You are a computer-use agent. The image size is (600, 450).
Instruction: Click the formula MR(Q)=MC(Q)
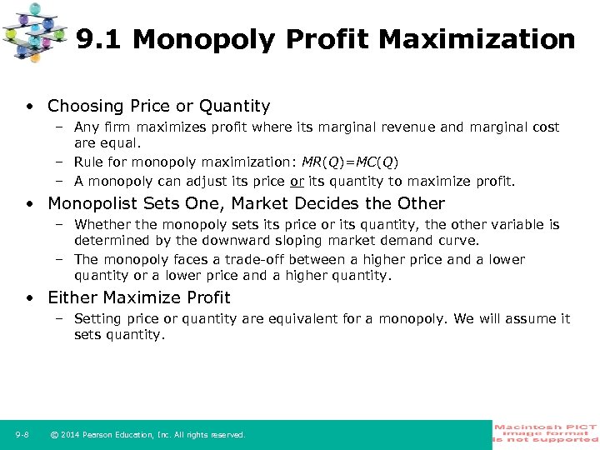pos(350,162)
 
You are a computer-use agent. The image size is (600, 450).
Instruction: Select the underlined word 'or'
pos(296,181)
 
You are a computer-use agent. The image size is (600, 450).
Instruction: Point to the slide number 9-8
pos(22,435)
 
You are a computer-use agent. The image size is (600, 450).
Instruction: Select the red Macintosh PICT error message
pos(546,434)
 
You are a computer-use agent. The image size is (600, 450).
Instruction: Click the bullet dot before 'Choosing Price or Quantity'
pos(29,107)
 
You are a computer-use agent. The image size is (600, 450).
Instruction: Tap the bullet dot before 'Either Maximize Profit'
pos(29,298)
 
